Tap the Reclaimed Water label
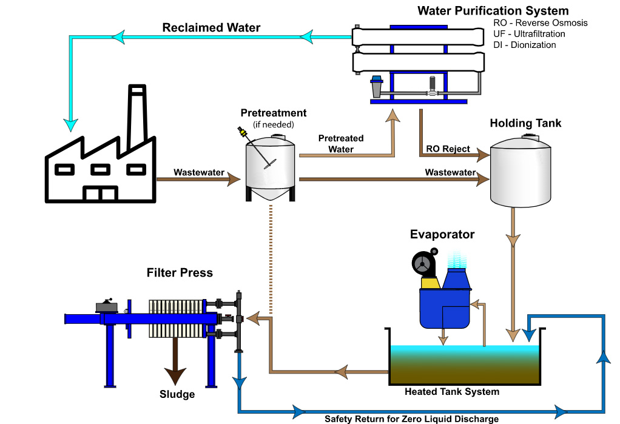pos(211,28)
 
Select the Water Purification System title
pos(493,11)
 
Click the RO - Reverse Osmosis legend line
pos(540,23)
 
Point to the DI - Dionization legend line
pos(524,45)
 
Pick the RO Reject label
pos(448,149)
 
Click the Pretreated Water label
pos(341,144)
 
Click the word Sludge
pos(177,394)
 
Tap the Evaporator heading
pos(442,234)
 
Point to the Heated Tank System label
pos(452,392)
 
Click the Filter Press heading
pos(180,272)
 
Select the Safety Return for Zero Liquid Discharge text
pos(412,419)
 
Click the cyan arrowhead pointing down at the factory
pos(70,125)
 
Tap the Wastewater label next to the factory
pos(199,172)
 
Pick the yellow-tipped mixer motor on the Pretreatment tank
pos(241,131)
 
